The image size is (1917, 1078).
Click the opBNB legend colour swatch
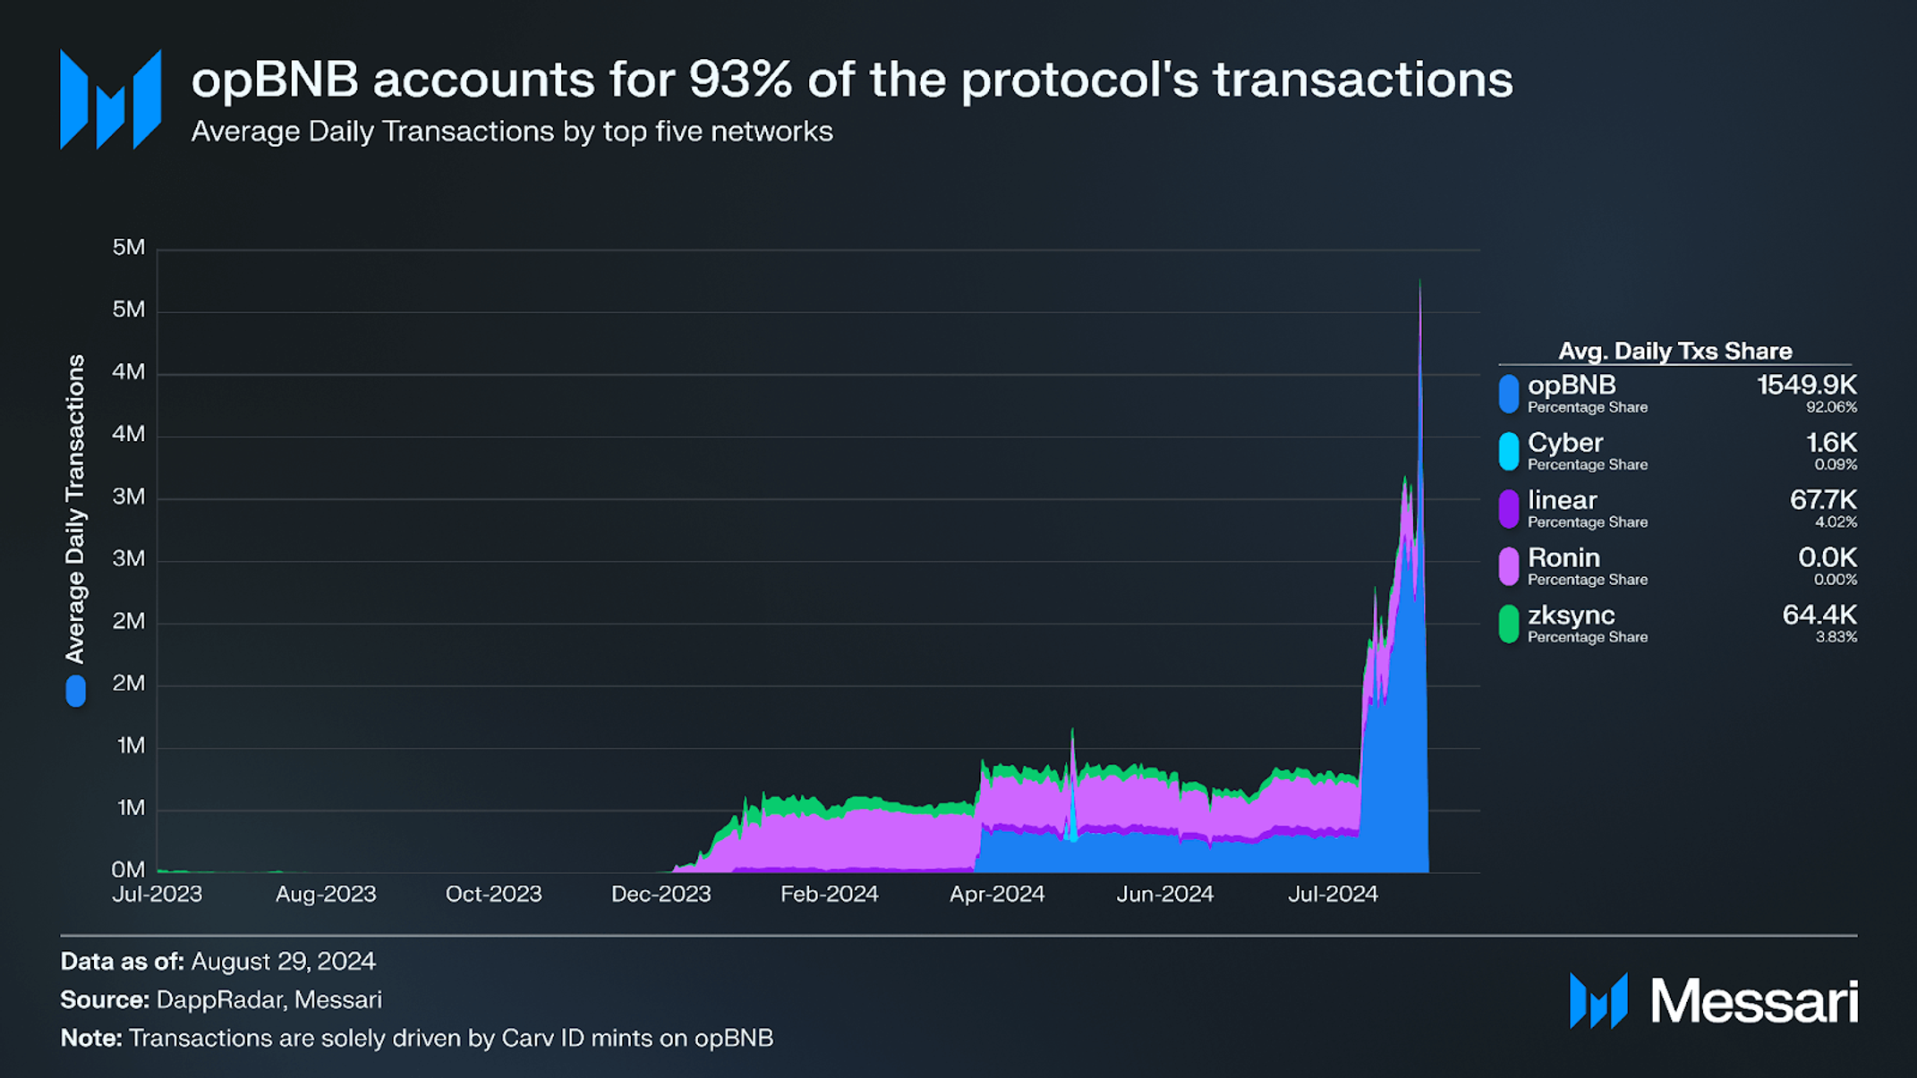pos(1508,394)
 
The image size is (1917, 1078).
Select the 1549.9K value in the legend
pos(1806,386)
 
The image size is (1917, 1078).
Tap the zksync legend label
pos(1571,615)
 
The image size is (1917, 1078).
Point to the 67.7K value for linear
pos(1822,500)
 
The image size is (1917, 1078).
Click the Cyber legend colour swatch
pos(1508,451)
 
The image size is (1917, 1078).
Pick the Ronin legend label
pos(1563,558)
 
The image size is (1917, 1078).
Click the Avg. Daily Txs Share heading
pos(1674,351)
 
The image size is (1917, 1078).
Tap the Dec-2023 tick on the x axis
pos(660,894)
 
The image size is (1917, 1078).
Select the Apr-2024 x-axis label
pos(997,894)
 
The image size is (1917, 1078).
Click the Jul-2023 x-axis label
pos(158,894)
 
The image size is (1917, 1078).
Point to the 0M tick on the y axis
pos(128,870)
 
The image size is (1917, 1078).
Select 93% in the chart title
pos(740,80)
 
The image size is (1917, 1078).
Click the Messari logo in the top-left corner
pos(111,99)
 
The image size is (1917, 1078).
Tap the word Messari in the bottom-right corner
pos(1753,1001)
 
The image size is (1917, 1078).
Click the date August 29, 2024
pos(283,962)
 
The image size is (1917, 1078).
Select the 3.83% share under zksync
pos(1836,637)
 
